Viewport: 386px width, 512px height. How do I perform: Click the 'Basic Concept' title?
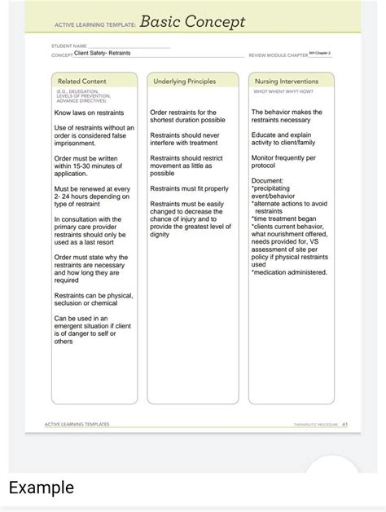tap(193, 22)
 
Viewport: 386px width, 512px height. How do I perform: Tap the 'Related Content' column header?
tap(83, 81)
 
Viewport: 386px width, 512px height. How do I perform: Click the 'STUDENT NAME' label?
tap(68, 46)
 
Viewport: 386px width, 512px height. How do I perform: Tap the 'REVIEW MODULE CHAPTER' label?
tap(278, 55)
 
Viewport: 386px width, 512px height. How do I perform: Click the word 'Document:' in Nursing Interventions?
tap(267, 180)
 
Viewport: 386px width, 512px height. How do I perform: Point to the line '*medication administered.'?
tap(289, 272)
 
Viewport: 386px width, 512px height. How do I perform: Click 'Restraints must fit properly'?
tap(189, 188)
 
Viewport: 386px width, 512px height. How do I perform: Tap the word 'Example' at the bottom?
tap(42, 488)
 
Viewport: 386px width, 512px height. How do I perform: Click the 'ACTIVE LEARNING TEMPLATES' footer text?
tap(77, 425)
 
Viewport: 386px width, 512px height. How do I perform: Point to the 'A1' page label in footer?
tap(345, 425)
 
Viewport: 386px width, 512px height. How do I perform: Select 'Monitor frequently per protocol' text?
tap(283, 161)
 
